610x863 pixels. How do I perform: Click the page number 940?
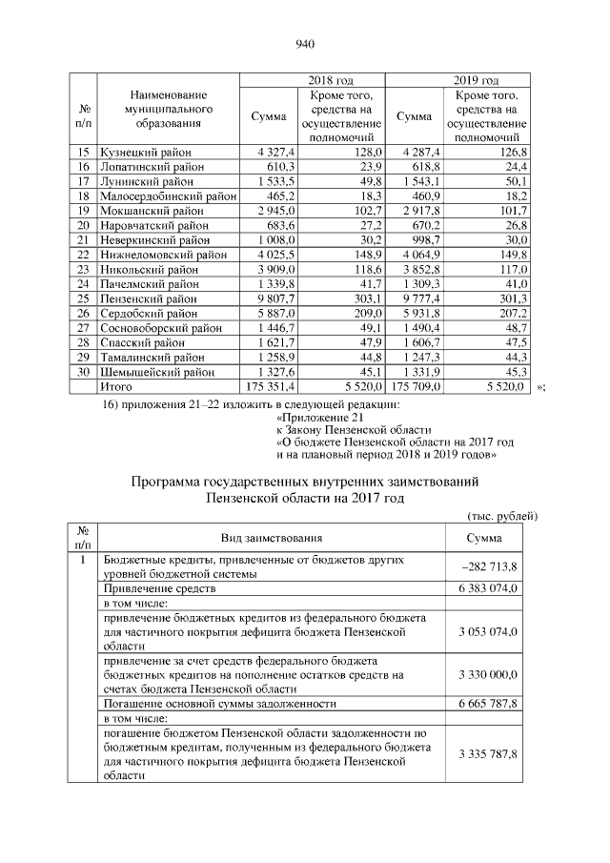[x=305, y=44]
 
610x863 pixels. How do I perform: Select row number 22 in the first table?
[x=83, y=255]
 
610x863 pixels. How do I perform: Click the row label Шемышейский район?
[x=155, y=373]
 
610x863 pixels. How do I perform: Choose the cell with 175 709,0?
[x=416, y=387]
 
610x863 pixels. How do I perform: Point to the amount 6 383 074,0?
[x=483, y=589]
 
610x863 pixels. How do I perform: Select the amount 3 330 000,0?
[x=483, y=674]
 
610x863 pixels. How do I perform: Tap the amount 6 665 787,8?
[x=483, y=703]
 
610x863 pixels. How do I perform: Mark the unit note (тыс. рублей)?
[x=503, y=516]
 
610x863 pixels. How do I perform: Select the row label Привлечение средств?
[x=153, y=589]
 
